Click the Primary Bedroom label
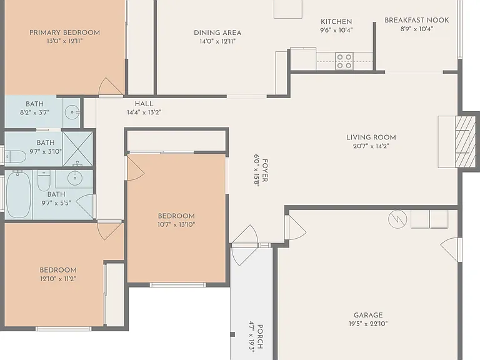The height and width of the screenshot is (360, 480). coord(64,32)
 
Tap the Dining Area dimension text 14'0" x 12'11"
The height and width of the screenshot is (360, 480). coord(217,41)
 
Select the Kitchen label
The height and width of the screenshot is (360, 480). coord(336,22)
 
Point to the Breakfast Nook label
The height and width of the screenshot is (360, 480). coord(417,20)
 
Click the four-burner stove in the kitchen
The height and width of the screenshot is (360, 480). coord(344,61)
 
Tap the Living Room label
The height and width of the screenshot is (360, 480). coord(371,137)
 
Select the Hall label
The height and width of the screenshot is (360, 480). coord(144,104)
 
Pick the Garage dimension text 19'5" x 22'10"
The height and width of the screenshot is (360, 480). coord(368,324)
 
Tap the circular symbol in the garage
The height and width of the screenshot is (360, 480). coord(397,219)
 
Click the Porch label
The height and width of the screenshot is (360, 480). coord(259,337)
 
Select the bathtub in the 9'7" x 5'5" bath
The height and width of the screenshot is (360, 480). coord(19,194)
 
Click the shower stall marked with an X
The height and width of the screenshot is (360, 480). coord(77,149)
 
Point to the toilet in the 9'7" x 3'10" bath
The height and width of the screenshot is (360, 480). coord(15,156)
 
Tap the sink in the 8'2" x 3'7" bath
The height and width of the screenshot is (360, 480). coord(72,112)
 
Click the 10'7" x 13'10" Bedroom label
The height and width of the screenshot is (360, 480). coord(176,216)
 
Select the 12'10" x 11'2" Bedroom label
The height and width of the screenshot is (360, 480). coord(58,270)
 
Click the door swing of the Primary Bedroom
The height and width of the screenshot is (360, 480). coord(110,86)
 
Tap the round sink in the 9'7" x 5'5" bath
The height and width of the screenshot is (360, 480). coord(75,177)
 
